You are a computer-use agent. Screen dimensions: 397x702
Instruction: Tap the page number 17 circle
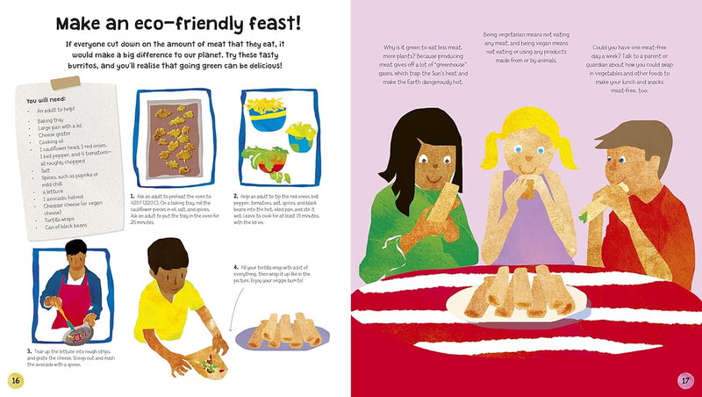(x=686, y=379)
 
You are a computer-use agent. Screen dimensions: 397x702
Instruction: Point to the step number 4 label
(x=237, y=267)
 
